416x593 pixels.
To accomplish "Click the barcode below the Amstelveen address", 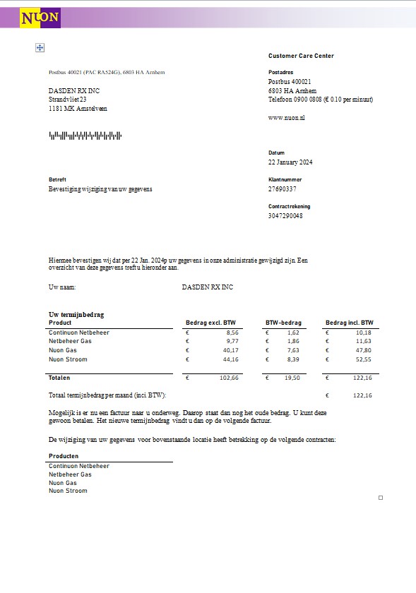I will pyautogui.click(x=85, y=135).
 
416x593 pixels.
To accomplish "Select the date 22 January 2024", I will pyautogui.click(x=290, y=162).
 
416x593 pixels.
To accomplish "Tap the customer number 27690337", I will pyautogui.click(x=283, y=189).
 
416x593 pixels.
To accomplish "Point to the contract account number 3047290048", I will pyautogui.click(x=285, y=215).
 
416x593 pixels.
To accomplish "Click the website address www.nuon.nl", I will pyautogui.click(x=286, y=117).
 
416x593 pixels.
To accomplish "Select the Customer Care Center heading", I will pyautogui.click(x=301, y=56).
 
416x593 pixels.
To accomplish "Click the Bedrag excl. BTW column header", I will pyautogui.click(x=210, y=323).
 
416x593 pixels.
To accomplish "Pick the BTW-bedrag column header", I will pyautogui.click(x=283, y=323).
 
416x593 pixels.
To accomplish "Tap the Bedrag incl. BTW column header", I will pyautogui.click(x=349, y=323).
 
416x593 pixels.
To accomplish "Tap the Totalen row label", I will pyautogui.click(x=59, y=378).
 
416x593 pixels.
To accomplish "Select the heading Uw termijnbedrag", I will pyautogui.click(x=71, y=314).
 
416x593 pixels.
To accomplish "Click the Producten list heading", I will pyautogui.click(x=64, y=456).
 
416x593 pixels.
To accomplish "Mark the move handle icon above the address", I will pyautogui.click(x=40, y=47).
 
